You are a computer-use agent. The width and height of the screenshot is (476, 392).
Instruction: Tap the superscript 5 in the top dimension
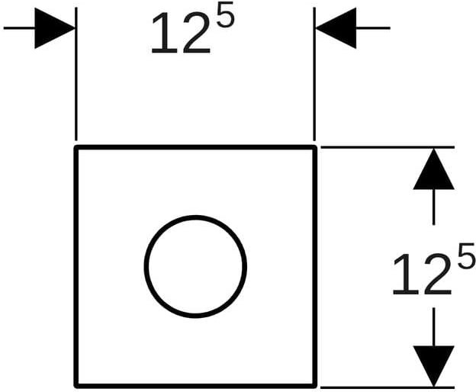226,14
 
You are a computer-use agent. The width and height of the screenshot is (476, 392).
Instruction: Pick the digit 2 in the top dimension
196,33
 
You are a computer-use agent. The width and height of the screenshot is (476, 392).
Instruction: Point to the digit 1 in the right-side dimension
407,275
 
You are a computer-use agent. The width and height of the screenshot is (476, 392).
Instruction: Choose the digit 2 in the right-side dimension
437,275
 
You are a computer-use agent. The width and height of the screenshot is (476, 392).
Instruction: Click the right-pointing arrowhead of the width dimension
55,28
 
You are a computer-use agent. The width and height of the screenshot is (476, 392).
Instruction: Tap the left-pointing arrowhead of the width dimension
336,28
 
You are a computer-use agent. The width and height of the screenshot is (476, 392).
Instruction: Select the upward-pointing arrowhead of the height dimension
433,169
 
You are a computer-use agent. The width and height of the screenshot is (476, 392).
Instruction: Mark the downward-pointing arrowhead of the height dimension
433,366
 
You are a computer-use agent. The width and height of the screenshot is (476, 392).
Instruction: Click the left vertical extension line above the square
76,74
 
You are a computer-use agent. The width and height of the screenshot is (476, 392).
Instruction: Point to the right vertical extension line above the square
314,74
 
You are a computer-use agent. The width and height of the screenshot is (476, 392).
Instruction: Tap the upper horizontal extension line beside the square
388,147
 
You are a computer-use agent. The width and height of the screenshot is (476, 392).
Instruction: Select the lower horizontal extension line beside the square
388,387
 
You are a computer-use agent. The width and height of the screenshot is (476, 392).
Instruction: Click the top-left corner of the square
76,147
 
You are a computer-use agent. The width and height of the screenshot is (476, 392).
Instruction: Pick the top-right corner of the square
315,147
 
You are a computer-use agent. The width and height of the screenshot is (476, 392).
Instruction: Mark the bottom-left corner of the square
76,386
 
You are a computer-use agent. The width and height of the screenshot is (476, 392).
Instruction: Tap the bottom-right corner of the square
315,386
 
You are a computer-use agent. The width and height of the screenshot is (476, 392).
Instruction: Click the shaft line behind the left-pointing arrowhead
373,28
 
